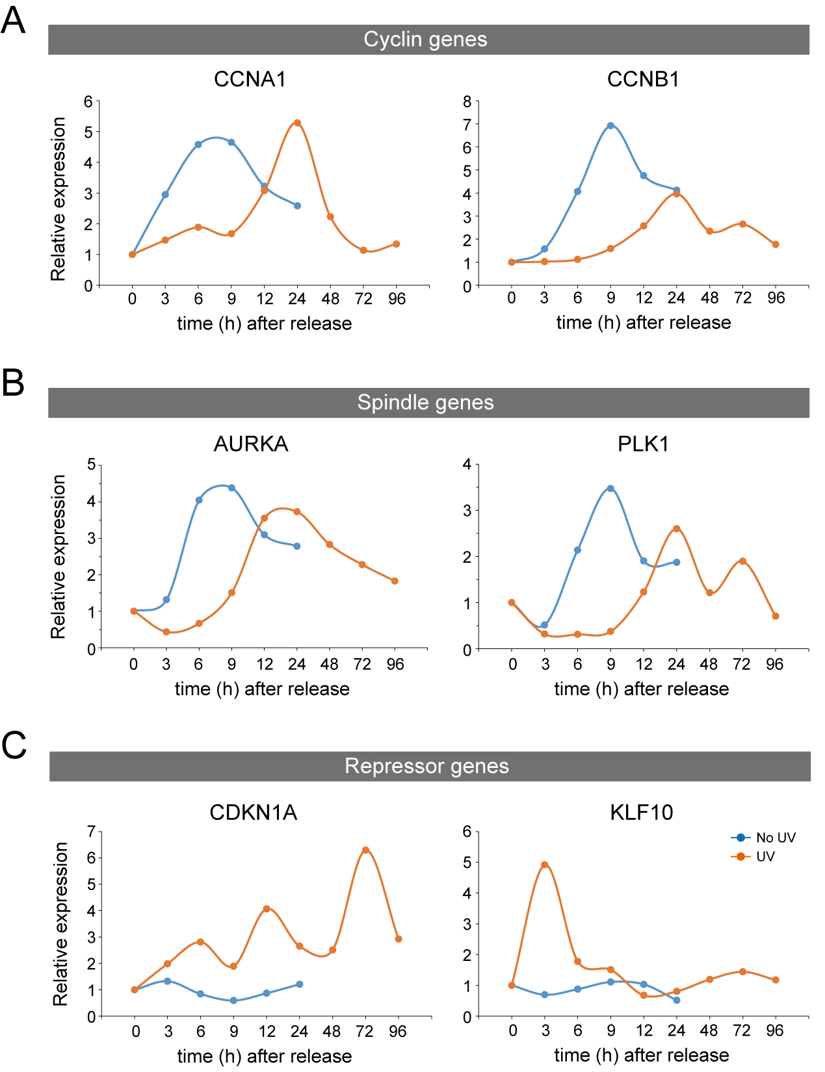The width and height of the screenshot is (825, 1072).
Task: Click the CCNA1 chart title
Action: pos(250,79)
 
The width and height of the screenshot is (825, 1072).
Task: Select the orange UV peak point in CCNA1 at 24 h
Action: pos(297,123)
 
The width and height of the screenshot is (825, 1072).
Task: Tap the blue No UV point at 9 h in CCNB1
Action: pos(610,125)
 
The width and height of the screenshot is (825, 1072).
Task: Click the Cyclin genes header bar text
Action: pos(425,40)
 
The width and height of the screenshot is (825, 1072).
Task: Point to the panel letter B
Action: pos(13,383)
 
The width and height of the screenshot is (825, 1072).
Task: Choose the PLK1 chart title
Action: pos(643,444)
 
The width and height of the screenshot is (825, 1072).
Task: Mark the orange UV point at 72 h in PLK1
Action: pos(742,561)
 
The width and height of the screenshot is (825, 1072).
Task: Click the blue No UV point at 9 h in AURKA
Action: pos(231,488)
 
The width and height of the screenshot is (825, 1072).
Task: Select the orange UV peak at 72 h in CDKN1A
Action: pos(365,850)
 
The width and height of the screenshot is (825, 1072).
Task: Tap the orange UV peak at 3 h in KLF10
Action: pos(545,865)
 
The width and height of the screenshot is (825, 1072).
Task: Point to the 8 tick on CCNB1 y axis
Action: pos(467,101)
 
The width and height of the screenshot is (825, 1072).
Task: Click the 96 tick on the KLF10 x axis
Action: pos(775,1030)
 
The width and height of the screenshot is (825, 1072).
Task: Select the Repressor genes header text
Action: pos(426,766)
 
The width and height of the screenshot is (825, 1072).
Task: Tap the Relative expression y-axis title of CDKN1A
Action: pos(60,924)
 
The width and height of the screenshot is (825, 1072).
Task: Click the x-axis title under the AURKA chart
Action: pos(262,689)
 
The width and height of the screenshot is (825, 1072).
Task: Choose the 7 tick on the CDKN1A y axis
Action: pos(92,831)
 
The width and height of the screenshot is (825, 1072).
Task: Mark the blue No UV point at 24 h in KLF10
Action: pos(677,1000)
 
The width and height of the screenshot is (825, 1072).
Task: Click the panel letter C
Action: pos(14,745)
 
